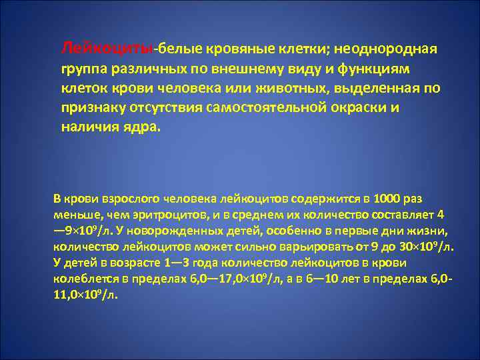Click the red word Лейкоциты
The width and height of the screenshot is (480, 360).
[107, 49]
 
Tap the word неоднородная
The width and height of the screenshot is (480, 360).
[386, 49]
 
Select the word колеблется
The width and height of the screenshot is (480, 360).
[82, 279]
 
